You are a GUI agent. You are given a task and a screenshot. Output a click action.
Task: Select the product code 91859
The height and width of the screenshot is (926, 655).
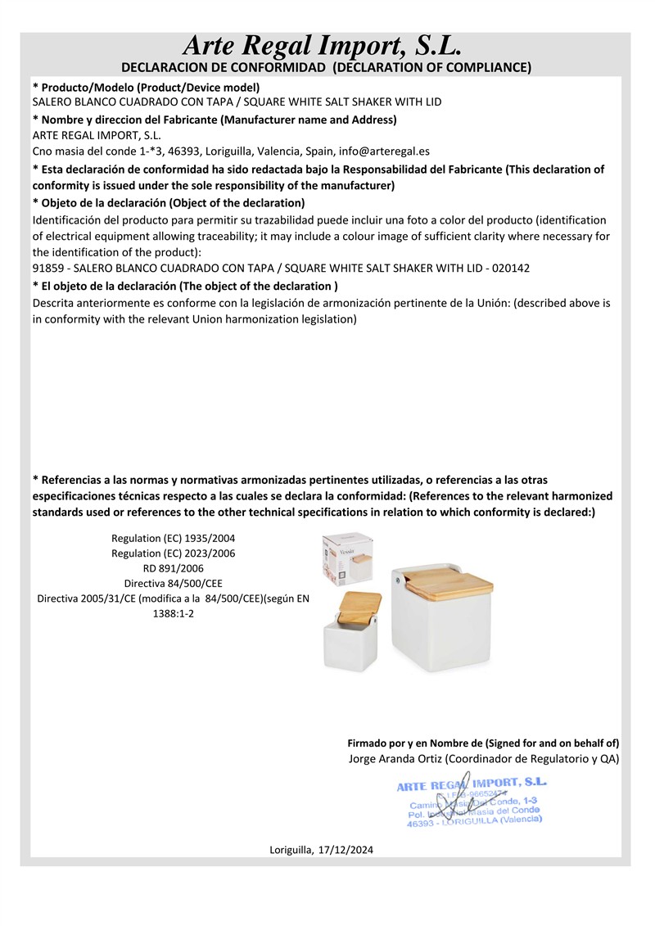(48, 268)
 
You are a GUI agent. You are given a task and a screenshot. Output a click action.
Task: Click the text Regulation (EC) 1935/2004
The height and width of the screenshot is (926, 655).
(173, 539)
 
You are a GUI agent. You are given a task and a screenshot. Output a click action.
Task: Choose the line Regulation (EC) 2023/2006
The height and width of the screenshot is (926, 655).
(173, 553)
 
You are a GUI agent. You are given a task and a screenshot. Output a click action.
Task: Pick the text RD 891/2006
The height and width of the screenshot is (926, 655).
(173, 568)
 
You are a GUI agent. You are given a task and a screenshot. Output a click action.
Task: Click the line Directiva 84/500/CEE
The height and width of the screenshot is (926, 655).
(173, 584)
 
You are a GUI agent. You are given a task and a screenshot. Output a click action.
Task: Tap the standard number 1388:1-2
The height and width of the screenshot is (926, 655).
(173, 613)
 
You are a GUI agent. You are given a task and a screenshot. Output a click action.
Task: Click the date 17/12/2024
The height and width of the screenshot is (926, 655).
(346, 851)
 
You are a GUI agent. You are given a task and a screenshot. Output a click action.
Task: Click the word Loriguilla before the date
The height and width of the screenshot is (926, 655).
(291, 851)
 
